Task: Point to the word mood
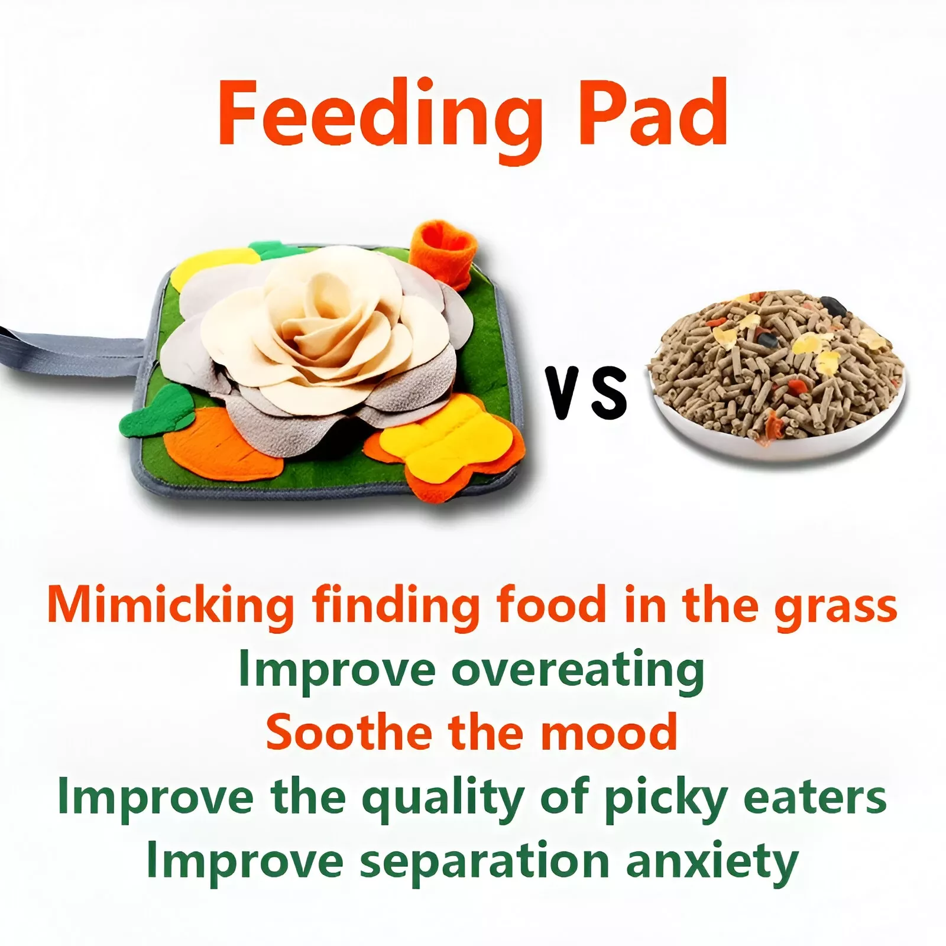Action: (x=609, y=731)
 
